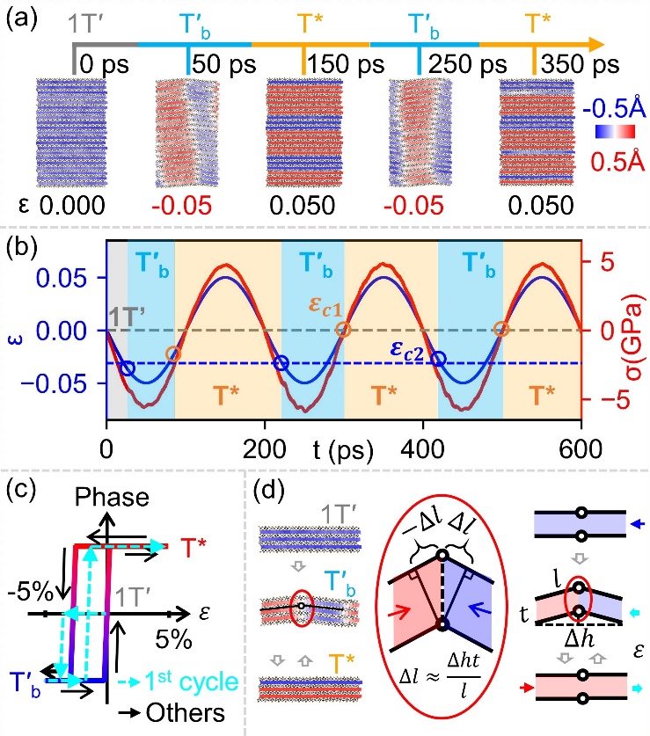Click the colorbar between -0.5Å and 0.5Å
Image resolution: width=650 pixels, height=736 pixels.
pos(605,132)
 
